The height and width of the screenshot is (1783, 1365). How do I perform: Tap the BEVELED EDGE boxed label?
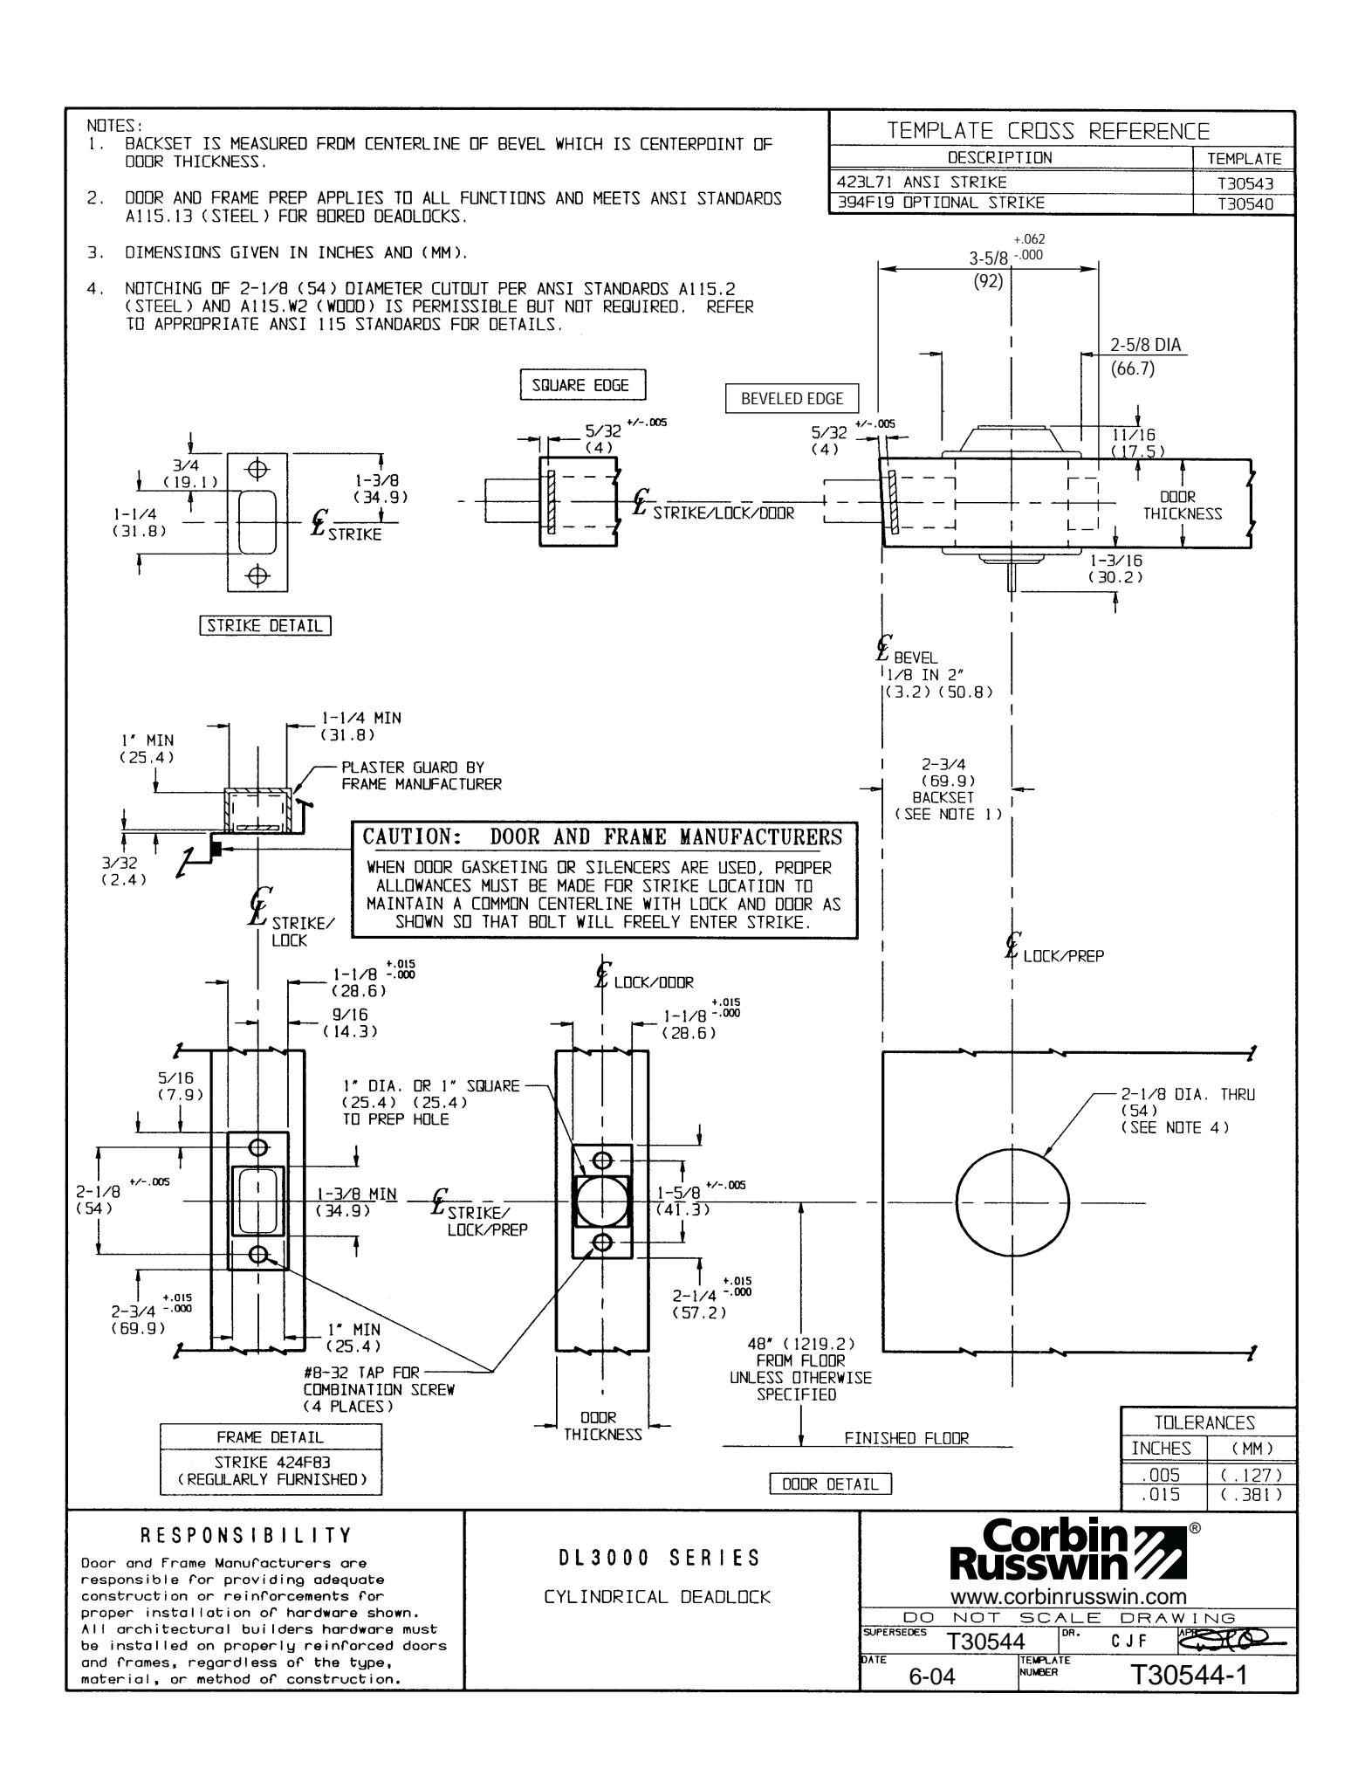[792, 398]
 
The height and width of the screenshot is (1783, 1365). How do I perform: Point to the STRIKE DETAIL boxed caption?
[265, 625]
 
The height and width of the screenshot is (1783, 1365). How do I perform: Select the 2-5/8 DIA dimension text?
[1145, 345]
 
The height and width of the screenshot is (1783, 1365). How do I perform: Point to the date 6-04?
[933, 1678]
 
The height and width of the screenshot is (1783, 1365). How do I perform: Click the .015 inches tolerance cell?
[1163, 1494]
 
